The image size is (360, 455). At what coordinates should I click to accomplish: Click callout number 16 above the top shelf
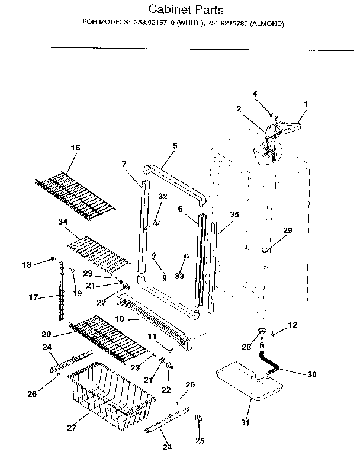tap(75, 148)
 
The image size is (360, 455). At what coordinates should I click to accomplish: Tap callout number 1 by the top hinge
tap(306, 105)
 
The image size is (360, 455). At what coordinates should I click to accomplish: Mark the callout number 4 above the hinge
tap(255, 93)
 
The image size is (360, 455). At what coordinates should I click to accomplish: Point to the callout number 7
tap(124, 164)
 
